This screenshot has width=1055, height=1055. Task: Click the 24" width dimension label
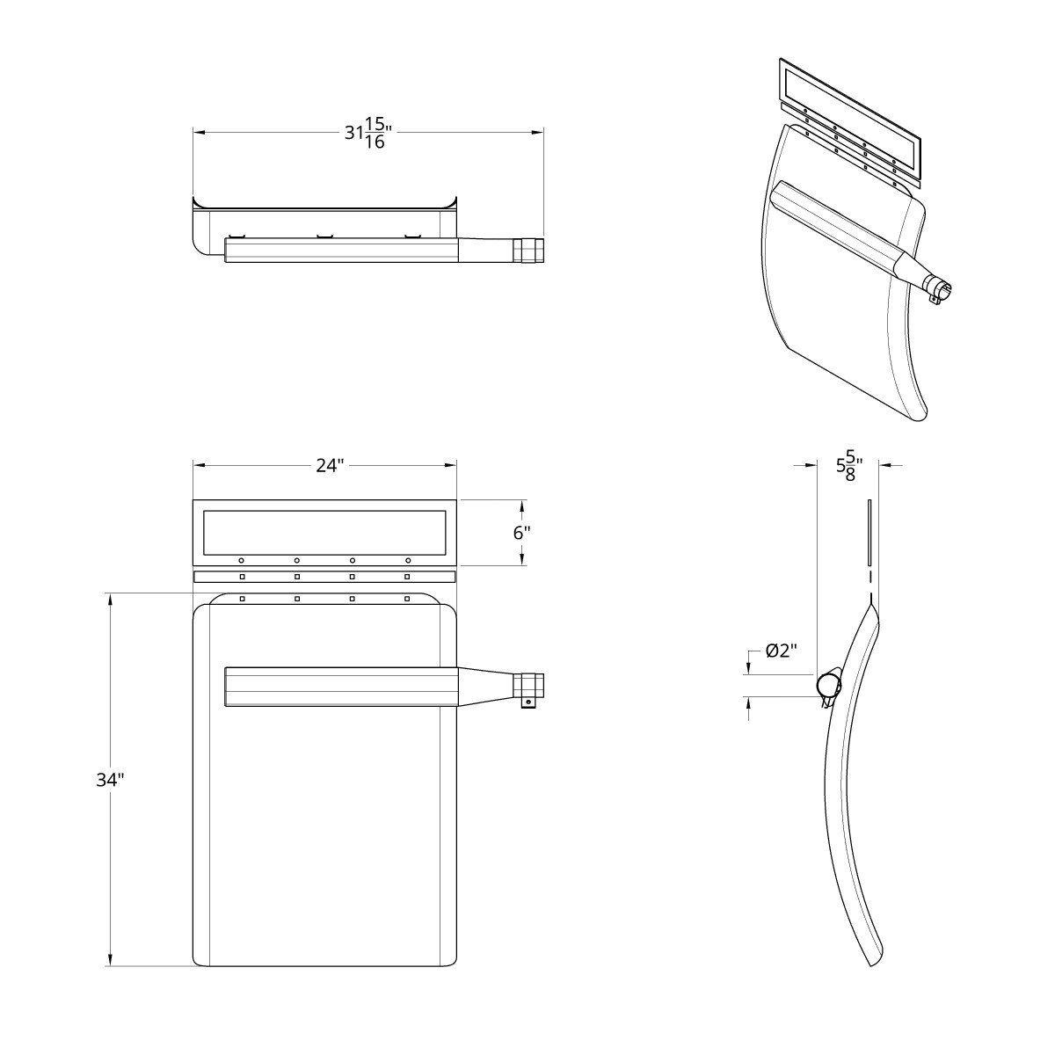[x=330, y=466]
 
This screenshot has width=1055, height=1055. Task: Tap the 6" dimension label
[x=521, y=533]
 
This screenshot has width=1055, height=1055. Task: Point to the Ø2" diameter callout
[x=781, y=651]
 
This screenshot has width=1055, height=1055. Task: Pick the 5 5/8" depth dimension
[x=849, y=466]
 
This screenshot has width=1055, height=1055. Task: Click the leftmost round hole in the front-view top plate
[x=242, y=560]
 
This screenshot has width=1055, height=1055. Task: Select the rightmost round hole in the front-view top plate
[x=408, y=560]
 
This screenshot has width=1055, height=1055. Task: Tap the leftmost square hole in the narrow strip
[x=242, y=577]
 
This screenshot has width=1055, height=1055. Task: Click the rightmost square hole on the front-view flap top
[x=407, y=599]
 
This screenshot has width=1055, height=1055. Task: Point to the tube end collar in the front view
[x=529, y=685]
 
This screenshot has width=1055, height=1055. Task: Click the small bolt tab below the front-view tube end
[x=527, y=703]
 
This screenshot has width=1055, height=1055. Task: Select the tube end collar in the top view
[x=529, y=251]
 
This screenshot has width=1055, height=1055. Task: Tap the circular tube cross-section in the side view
[x=828, y=683]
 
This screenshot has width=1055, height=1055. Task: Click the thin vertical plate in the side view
[x=869, y=533]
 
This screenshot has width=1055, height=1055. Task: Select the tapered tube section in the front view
[x=485, y=687]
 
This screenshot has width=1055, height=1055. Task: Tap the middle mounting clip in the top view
[x=325, y=236]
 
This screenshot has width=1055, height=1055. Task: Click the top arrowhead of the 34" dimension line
[x=111, y=599]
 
